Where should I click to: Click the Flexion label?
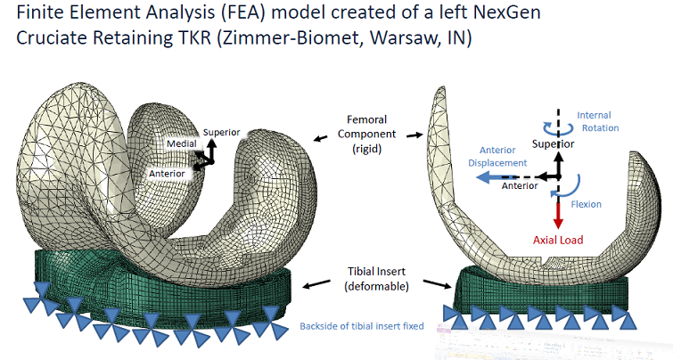coord(587,204)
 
